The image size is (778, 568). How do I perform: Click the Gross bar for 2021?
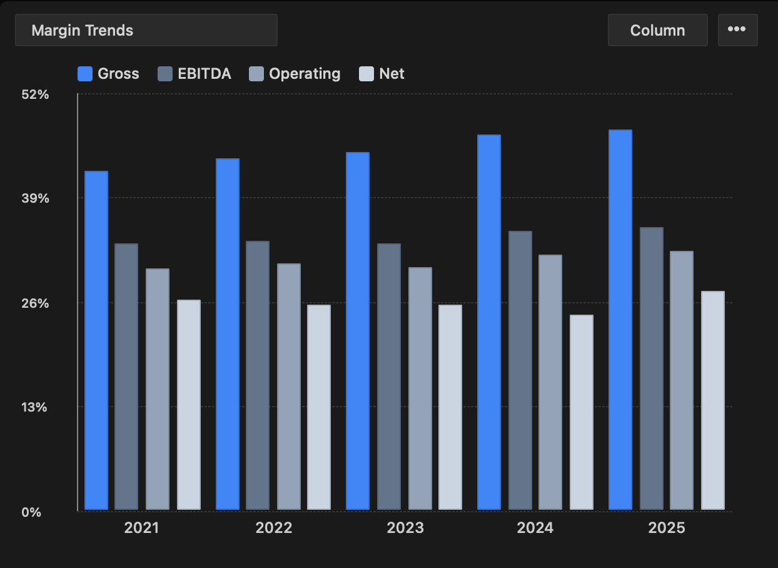pyautogui.click(x=96, y=340)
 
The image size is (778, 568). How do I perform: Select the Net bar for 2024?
pyautogui.click(x=582, y=412)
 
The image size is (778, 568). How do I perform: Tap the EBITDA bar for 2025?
pyautogui.click(x=652, y=368)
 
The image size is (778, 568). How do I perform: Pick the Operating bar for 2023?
pyautogui.click(x=420, y=388)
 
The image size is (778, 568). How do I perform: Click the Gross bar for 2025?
pyautogui.click(x=620, y=320)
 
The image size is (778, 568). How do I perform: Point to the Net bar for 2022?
pyautogui.click(x=319, y=407)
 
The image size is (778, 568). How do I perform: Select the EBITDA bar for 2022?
pyautogui.click(x=258, y=375)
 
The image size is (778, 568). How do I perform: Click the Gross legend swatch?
pyautogui.click(x=85, y=74)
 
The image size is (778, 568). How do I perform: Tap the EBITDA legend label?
pyautogui.click(x=204, y=74)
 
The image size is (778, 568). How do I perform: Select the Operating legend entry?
pyautogui.click(x=295, y=74)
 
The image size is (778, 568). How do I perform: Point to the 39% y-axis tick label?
pyautogui.click(x=35, y=198)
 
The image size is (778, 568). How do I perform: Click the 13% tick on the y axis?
pyautogui.click(x=35, y=407)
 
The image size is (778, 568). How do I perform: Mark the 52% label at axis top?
pyautogui.click(x=35, y=94)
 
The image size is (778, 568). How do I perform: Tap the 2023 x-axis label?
pyautogui.click(x=405, y=528)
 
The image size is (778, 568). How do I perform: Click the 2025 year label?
pyautogui.click(x=667, y=528)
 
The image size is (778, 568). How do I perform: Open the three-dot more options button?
pyautogui.click(x=737, y=30)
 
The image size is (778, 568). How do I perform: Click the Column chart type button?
pyautogui.click(x=657, y=30)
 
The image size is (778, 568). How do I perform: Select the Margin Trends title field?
pyautogui.click(x=146, y=30)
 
